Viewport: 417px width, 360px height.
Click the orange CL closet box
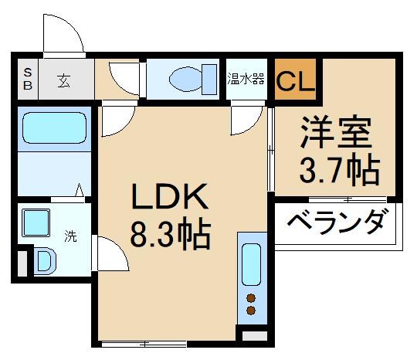coord(295,79)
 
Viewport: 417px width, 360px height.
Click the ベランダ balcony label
coord(337,224)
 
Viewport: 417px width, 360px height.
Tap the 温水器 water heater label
coord(246,79)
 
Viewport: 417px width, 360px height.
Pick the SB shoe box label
coord(27,79)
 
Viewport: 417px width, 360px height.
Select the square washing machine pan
coord(36,225)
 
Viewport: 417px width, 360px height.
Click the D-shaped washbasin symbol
coord(43,260)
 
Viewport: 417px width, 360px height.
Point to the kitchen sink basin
coord(251,264)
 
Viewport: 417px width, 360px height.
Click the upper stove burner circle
coord(251,298)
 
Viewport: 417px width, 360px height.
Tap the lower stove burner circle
coord(251,311)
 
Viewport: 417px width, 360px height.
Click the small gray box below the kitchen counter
coord(253,336)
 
